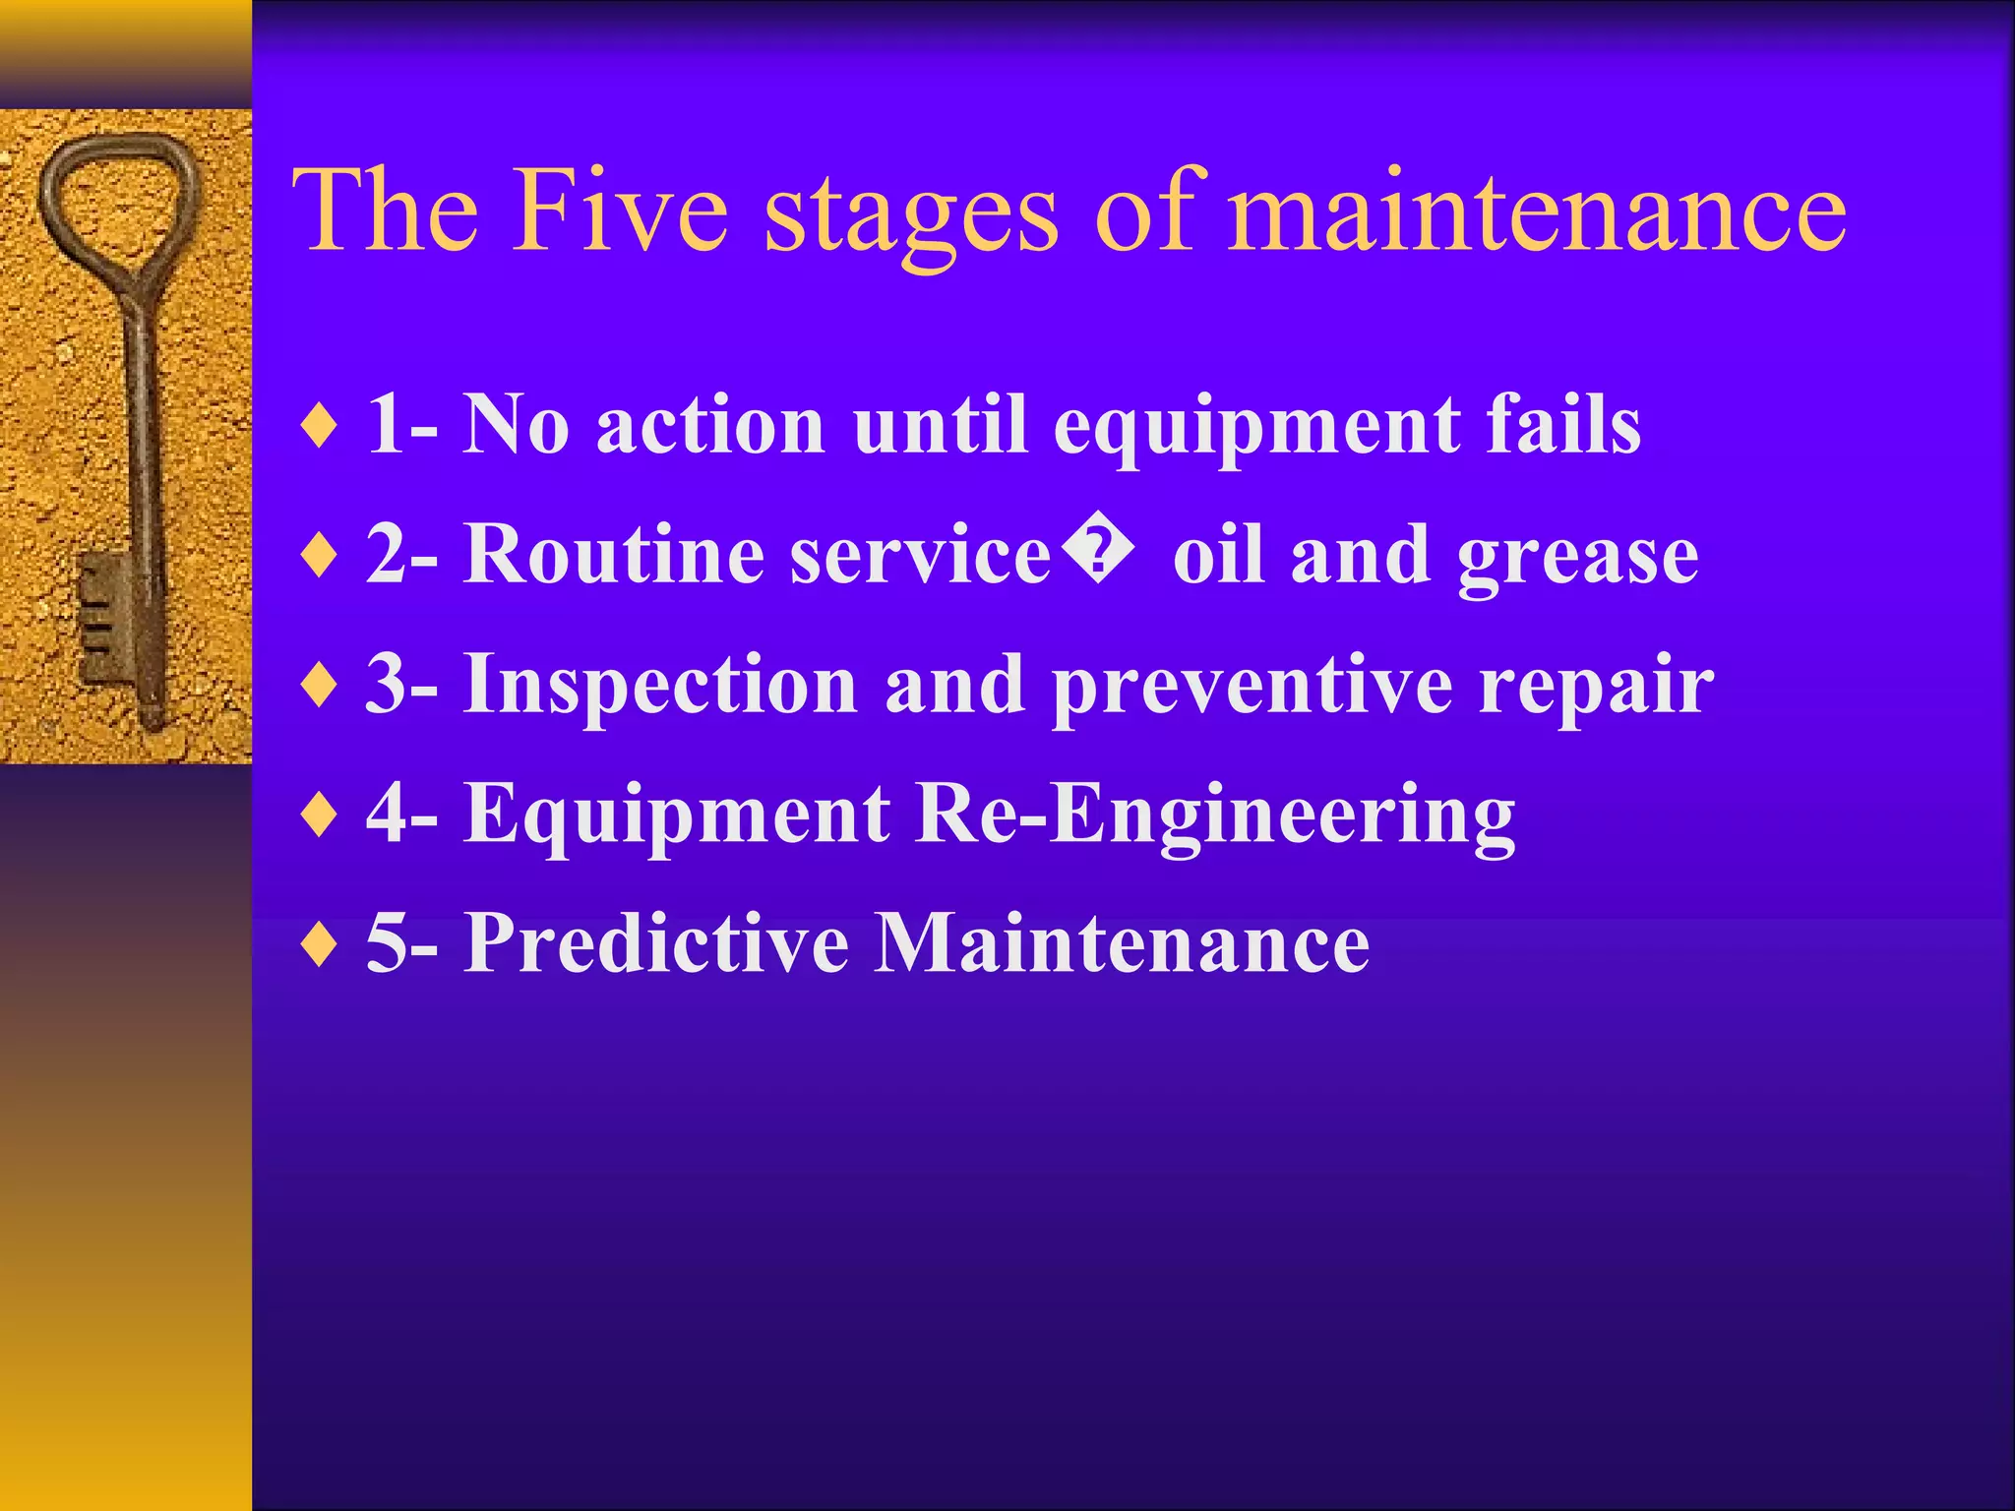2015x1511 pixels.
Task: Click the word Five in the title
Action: pyautogui.click(x=621, y=210)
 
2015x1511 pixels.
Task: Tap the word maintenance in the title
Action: pyautogui.click(x=1538, y=210)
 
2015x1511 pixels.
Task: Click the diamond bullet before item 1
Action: pyautogui.click(x=320, y=427)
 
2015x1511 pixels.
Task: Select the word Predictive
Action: pyautogui.click(x=656, y=942)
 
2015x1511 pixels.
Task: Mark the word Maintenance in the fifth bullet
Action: pyautogui.click(x=1122, y=942)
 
